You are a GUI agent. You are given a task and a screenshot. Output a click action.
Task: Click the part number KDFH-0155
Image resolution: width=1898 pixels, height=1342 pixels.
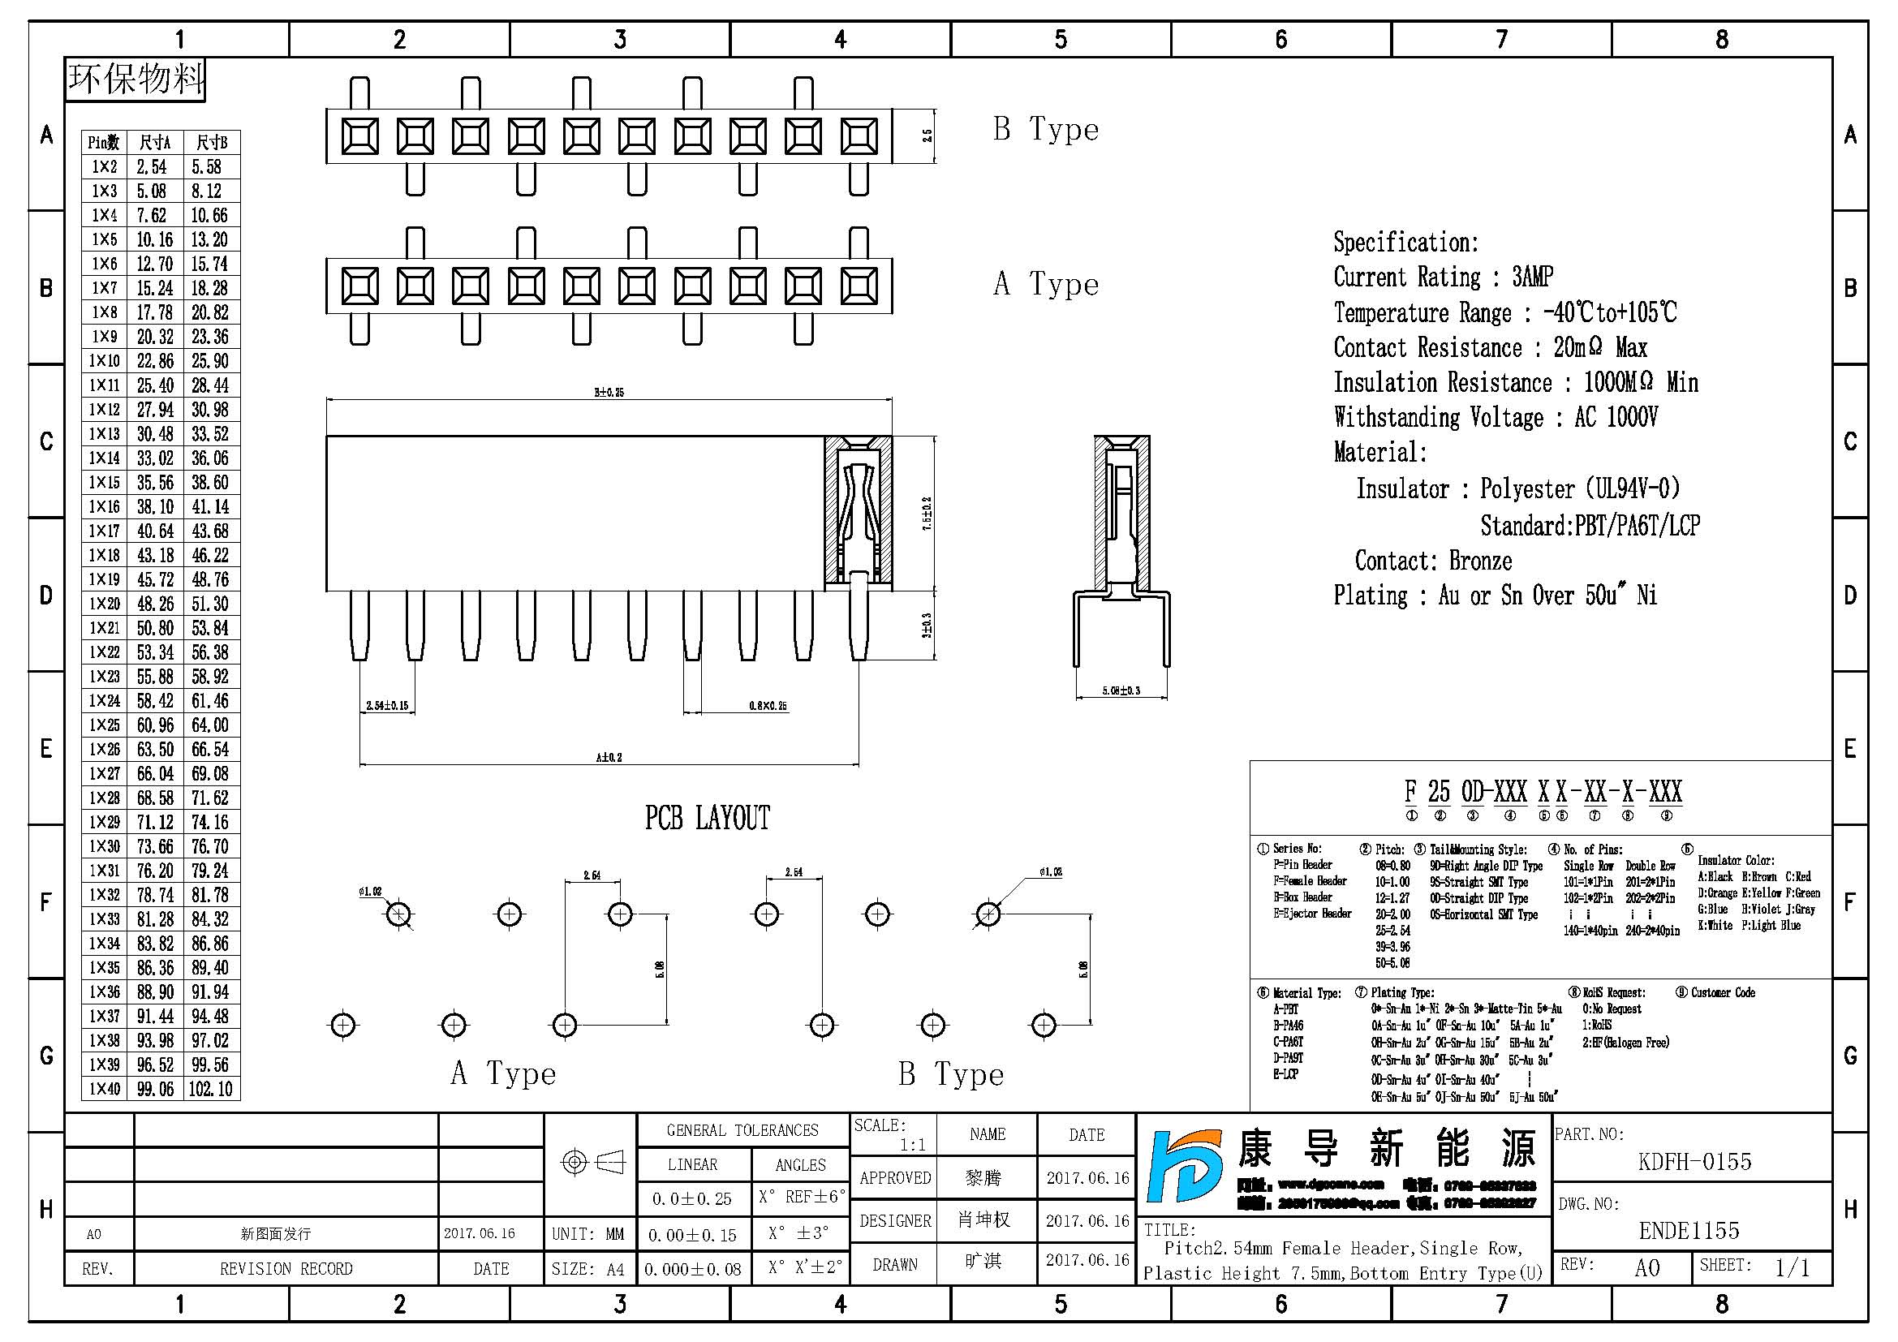pyautogui.click(x=1694, y=1161)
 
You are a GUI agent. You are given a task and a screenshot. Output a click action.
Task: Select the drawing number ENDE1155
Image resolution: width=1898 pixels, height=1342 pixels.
pyautogui.click(x=1689, y=1231)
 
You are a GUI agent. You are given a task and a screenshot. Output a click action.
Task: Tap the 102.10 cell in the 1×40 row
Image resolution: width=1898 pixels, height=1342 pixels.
pyautogui.click(x=211, y=1088)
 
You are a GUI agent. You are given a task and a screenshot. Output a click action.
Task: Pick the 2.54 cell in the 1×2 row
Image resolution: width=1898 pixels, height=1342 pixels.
pyautogui.click(x=152, y=167)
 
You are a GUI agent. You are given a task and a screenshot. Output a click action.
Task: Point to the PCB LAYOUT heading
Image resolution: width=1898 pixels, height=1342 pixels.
pyautogui.click(x=707, y=818)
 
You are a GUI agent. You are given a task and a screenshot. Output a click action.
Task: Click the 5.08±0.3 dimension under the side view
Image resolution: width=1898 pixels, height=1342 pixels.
pyautogui.click(x=1121, y=690)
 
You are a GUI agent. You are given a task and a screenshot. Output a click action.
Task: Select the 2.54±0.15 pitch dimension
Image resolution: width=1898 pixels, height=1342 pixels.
pyautogui.click(x=387, y=706)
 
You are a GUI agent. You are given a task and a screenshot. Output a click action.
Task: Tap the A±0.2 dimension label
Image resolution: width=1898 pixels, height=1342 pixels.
pyautogui.click(x=609, y=757)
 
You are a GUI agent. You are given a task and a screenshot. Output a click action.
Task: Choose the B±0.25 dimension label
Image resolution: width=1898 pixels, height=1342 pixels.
pyautogui.click(x=609, y=392)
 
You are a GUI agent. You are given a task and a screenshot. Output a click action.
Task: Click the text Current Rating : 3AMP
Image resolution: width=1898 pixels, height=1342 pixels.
pyautogui.click(x=1443, y=277)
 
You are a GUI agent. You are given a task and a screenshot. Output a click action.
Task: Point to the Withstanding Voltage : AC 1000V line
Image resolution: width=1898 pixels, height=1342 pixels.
pyautogui.click(x=1495, y=417)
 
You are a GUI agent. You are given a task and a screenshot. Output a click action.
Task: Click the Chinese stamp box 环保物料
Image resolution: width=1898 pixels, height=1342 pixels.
pyautogui.click(x=136, y=80)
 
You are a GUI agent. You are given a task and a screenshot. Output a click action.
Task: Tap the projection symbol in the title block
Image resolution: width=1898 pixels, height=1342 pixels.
pyautogui.click(x=591, y=1162)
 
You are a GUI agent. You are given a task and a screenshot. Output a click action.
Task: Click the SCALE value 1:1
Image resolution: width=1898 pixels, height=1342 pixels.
pyautogui.click(x=913, y=1145)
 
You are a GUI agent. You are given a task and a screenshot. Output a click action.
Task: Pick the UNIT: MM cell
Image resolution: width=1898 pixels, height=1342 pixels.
pyautogui.click(x=587, y=1234)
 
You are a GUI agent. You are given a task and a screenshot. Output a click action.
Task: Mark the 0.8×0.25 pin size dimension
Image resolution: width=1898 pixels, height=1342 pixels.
pyautogui.click(x=768, y=706)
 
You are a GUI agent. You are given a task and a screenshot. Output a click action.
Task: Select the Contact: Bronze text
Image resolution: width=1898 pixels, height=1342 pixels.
pyautogui.click(x=1432, y=561)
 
